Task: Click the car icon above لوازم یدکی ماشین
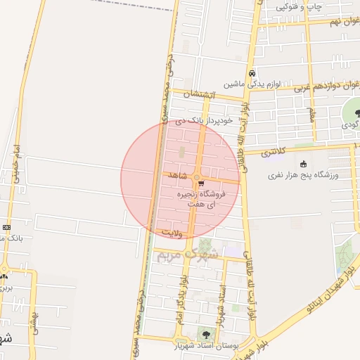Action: pos(252,73)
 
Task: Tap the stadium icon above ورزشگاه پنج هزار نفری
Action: pos(303,165)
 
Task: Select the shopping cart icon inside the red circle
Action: pos(201,184)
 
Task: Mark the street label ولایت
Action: pos(172,231)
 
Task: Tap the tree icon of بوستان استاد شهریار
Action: pos(206,334)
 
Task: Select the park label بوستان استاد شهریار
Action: pos(206,345)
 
